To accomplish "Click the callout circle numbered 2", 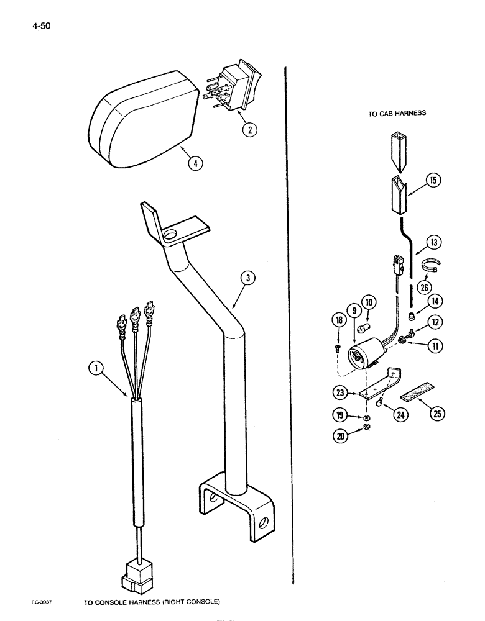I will [248, 130].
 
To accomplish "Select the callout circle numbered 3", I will [247, 279].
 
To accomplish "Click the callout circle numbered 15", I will [430, 181].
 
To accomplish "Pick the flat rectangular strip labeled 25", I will [416, 395].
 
